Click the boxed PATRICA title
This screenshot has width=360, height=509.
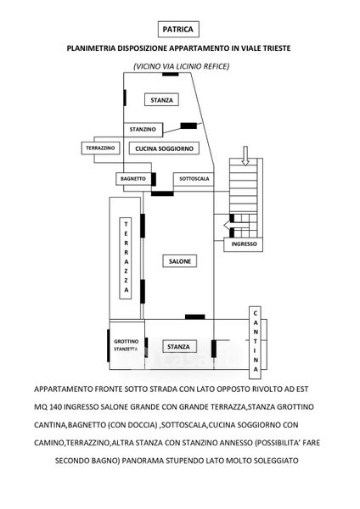(178, 29)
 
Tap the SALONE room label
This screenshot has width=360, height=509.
(180, 261)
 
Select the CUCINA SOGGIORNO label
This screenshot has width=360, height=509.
(164, 148)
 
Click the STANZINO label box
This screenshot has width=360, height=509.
(143, 129)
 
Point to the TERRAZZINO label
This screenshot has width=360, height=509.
(100, 148)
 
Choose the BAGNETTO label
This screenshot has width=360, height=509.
(133, 178)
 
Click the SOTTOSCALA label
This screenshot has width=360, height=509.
(194, 178)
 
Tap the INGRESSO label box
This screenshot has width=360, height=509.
(244, 244)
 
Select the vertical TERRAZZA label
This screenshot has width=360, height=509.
(126, 258)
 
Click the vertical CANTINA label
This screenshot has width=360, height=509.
(255, 342)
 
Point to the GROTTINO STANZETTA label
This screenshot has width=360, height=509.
(126, 345)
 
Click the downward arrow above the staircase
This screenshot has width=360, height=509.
(245, 156)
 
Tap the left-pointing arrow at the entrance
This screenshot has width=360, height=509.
(233, 225)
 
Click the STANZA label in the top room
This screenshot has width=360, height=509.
(161, 100)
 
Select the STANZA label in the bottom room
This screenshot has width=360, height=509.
(178, 346)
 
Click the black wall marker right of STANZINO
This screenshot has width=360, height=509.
(188, 126)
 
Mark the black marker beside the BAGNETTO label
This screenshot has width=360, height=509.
(154, 179)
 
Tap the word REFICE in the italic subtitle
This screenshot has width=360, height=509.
(217, 66)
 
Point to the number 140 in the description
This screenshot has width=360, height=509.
(55, 406)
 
